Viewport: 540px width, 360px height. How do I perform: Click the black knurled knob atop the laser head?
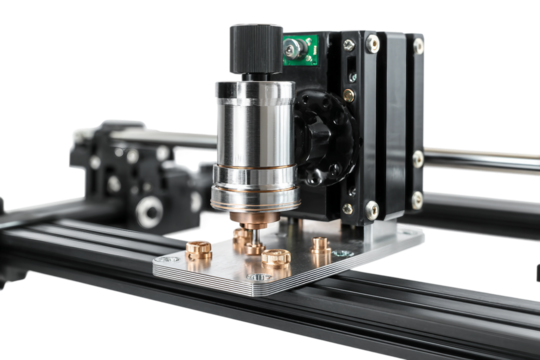[256, 46]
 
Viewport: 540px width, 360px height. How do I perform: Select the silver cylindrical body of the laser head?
[254, 130]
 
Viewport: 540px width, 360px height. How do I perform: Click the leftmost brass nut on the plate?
[199, 247]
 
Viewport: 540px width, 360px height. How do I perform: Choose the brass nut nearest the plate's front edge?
[276, 262]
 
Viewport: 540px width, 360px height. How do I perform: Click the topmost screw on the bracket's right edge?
[418, 45]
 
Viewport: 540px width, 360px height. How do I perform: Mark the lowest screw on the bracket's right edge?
[416, 200]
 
